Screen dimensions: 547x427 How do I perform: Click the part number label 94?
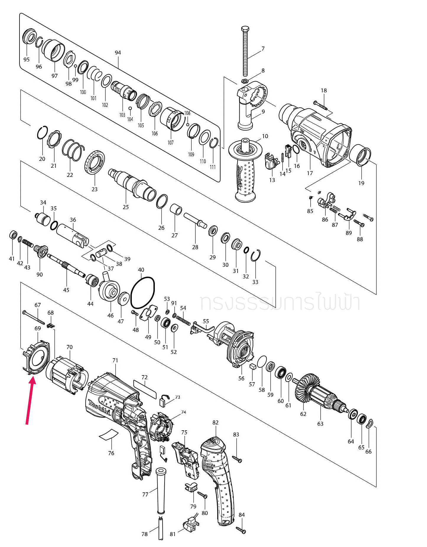pyautogui.click(x=118, y=53)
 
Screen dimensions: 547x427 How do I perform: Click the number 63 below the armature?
pyautogui.click(x=320, y=424)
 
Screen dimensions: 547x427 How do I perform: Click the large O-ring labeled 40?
pyautogui.click(x=142, y=292)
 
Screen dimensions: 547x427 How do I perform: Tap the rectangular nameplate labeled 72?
pyautogui.click(x=145, y=390)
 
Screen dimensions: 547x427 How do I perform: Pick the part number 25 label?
pyautogui.click(x=126, y=207)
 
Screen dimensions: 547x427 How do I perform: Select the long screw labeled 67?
pyautogui.click(x=33, y=318)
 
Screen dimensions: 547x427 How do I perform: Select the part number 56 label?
pyautogui.click(x=241, y=378)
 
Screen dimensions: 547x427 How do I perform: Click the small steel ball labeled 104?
pyautogui.click(x=130, y=108)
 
